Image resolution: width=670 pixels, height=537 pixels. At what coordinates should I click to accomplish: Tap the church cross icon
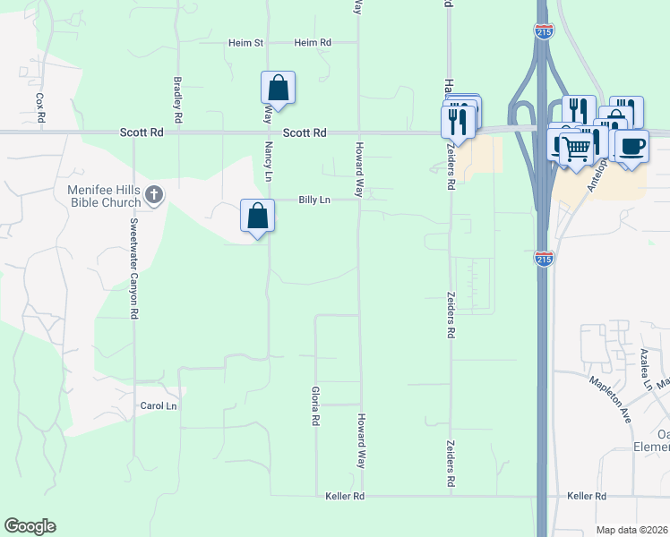(x=154, y=194)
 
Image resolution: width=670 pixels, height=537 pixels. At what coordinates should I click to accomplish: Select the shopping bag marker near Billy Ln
(x=257, y=217)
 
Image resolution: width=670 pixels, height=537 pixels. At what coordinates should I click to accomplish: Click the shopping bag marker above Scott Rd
(x=278, y=89)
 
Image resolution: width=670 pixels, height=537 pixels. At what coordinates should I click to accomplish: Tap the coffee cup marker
(x=632, y=146)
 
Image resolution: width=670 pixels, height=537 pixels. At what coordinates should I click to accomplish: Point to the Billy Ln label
(x=314, y=200)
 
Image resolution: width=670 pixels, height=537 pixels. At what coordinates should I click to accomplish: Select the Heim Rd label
(x=313, y=42)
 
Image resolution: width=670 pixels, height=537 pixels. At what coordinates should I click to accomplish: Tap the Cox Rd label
(x=40, y=107)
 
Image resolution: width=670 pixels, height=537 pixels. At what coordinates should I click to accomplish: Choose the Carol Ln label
(x=159, y=405)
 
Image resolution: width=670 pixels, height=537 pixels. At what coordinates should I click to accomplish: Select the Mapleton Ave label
(x=610, y=398)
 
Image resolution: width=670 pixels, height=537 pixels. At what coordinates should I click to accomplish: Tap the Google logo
(x=30, y=526)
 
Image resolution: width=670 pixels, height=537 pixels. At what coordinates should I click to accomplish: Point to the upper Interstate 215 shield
(x=544, y=32)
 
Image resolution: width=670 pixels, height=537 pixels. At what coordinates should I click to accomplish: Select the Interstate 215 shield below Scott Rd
(x=544, y=260)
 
